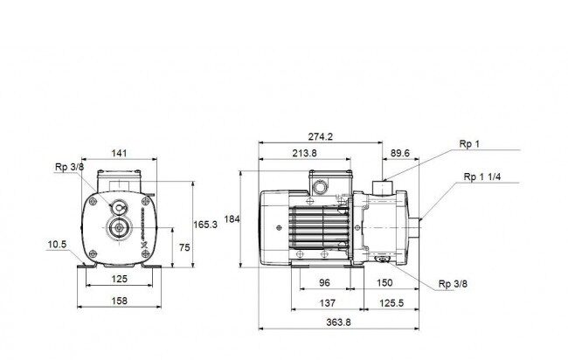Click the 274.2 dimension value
point(320,136)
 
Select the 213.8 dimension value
point(304,153)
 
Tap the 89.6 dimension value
point(400,153)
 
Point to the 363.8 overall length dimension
point(338,322)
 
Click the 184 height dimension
point(232,219)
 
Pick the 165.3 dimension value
point(205,225)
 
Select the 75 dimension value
point(184,247)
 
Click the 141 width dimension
point(119,153)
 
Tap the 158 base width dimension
point(119,301)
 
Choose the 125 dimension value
point(119,279)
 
